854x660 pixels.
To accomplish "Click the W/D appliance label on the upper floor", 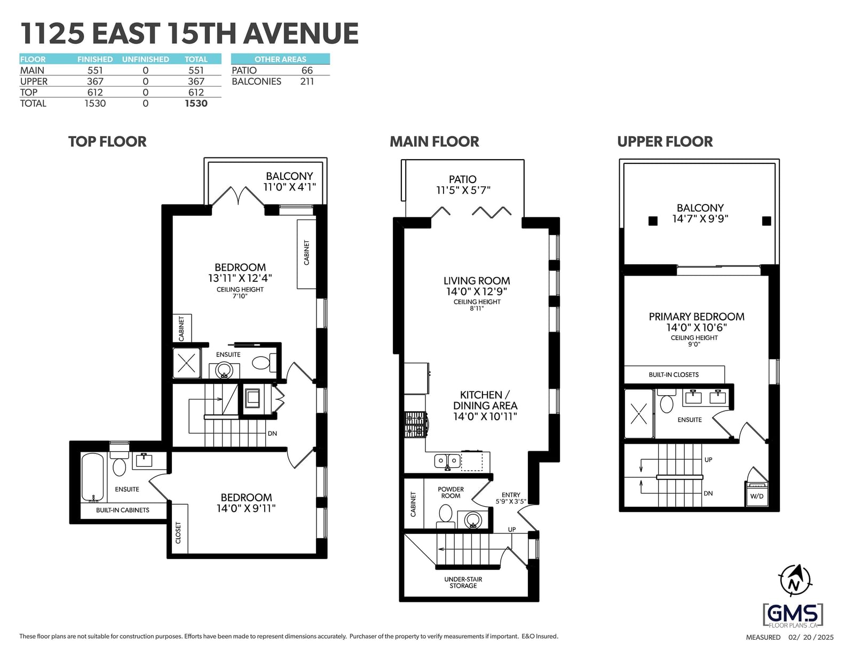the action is tap(756, 496).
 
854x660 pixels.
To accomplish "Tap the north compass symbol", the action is tap(795, 580).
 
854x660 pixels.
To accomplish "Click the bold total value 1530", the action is tap(196, 104).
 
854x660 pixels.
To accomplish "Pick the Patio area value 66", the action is tap(307, 70).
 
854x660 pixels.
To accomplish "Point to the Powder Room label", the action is tap(450, 492).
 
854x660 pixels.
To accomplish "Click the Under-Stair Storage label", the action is tap(463, 582).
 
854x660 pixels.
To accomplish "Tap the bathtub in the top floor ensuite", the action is tap(93, 477).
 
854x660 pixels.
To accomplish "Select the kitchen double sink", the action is tap(447, 461).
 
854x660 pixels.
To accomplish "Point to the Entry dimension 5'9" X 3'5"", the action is tap(510, 501).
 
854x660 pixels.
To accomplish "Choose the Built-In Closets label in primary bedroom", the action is tap(674, 375).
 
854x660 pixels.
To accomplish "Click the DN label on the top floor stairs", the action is tap(272, 434).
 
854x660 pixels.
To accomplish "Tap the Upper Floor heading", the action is tap(665, 142).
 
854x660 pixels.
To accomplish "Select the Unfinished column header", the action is tap(145, 59).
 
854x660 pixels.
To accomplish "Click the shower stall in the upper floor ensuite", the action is tap(639, 414).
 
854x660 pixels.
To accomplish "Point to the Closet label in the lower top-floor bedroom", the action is tap(178, 532).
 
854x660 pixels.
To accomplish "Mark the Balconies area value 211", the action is tap(307, 81).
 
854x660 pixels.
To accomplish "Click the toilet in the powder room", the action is tap(445, 516).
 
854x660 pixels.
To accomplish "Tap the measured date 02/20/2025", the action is tap(811, 637).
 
